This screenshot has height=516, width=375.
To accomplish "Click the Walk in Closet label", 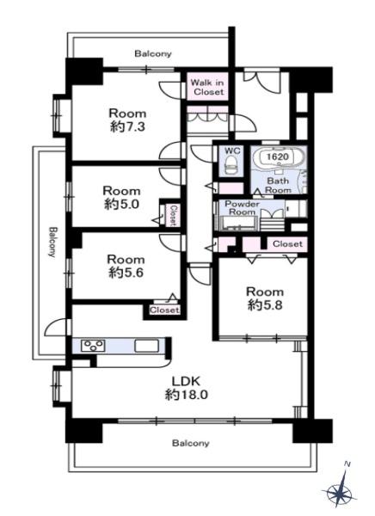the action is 208,87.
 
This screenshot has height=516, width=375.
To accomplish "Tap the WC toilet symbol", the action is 231,165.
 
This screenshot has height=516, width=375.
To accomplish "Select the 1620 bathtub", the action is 279,157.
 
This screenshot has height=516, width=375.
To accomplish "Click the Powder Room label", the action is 242,208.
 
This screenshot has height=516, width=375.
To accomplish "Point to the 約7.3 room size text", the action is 127,126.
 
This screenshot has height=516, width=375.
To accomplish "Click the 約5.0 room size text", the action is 121,205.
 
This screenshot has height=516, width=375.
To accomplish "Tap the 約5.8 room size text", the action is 265,305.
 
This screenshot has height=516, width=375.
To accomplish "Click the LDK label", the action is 187,381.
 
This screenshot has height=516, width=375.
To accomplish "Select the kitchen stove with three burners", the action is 93,346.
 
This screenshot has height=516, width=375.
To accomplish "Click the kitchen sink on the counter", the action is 146,346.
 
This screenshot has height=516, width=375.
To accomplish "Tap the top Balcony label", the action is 153,53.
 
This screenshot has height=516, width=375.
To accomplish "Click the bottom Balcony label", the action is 191,443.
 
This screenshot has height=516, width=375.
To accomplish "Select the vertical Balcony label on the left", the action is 52,242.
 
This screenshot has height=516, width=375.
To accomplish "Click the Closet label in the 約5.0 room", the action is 173,216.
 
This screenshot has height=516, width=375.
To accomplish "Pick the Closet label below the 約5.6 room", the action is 164,310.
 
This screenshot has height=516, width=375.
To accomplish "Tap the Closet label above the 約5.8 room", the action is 287,244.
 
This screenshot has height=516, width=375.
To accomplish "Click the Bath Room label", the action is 278,186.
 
